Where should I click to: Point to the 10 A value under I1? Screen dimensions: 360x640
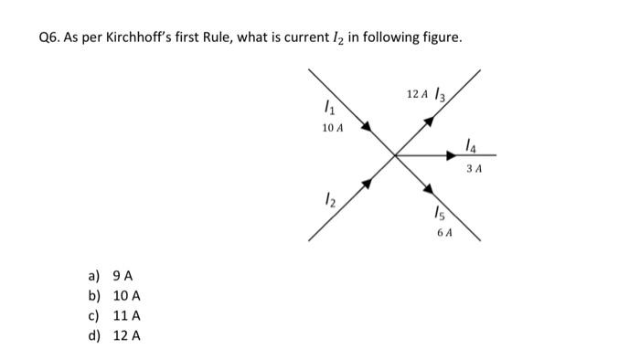pos(333,129)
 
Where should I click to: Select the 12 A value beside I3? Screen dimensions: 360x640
pos(416,94)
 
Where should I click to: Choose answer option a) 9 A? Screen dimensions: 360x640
pos(112,275)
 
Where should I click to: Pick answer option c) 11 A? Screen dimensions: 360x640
pos(114,315)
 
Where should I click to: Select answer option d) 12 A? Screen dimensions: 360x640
pos(114,335)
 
